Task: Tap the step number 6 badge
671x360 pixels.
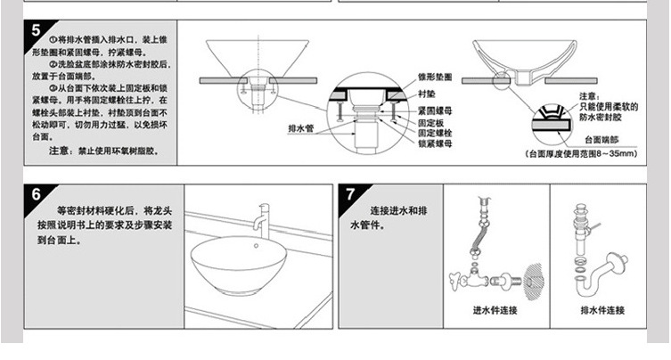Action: tap(37, 194)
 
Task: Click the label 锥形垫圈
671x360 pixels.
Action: tap(434, 78)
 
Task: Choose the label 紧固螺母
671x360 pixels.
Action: tap(434, 109)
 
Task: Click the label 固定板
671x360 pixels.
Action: tap(430, 121)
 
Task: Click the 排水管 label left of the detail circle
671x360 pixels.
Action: tap(302, 127)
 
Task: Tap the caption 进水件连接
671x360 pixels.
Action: tap(495, 311)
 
